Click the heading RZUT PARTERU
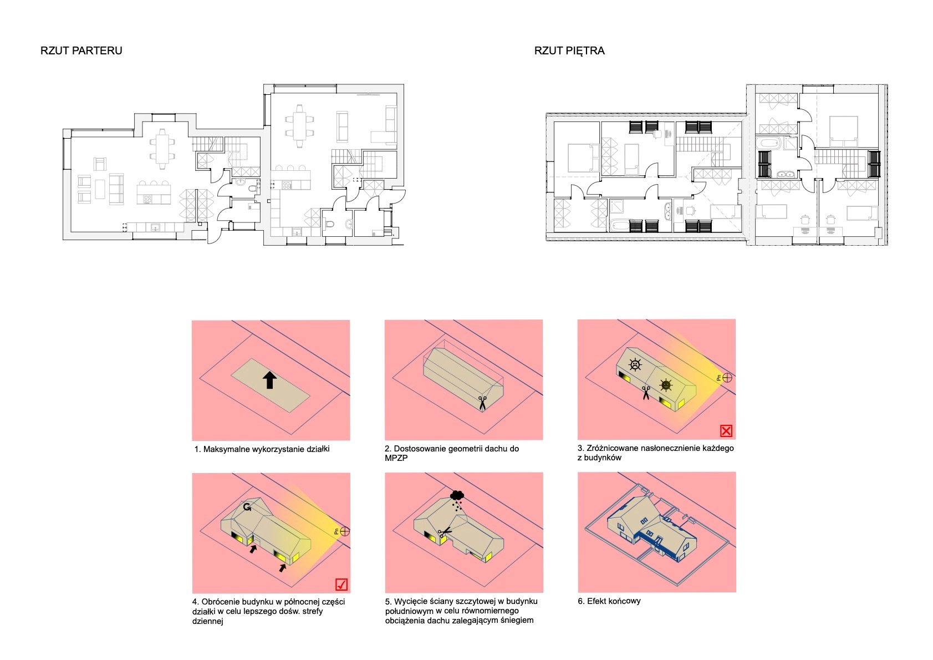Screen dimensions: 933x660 [81, 51]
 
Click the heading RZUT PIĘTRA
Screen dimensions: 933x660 [569, 51]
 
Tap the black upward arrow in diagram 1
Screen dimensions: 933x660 [270, 380]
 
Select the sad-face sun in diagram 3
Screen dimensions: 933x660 [635, 365]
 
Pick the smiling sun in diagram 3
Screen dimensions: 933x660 [666, 385]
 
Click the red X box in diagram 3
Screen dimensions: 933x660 [726, 431]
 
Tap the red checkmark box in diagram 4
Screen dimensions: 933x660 [341, 585]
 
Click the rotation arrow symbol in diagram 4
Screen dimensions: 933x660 [247, 507]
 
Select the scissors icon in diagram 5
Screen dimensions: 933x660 [445, 532]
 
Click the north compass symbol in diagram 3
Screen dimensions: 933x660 [727, 378]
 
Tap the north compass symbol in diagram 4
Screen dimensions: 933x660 [344, 532]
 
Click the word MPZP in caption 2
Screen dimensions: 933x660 [396, 458]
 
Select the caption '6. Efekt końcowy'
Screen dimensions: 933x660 [609, 601]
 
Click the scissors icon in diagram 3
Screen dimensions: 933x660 [646, 393]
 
